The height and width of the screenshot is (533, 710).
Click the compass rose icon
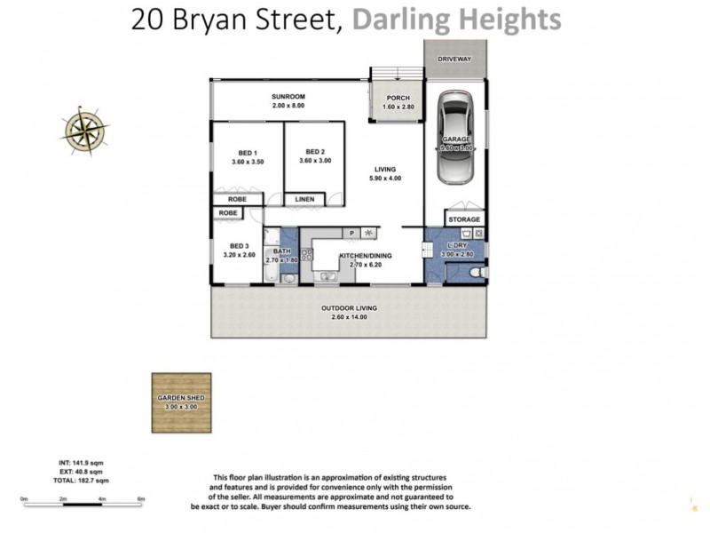(x=85, y=130)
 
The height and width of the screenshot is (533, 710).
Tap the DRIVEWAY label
(x=454, y=59)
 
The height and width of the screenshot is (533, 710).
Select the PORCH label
(x=397, y=98)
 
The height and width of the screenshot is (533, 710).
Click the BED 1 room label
(x=248, y=152)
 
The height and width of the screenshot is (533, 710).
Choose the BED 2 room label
(x=316, y=151)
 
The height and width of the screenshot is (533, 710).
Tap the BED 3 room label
(x=240, y=246)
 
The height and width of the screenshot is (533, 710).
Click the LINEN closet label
(x=305, y=199)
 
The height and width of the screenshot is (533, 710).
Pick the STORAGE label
(x=463, y=219)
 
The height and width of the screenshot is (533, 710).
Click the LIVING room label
(x=385, y=169)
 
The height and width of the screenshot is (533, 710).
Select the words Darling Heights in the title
(x=456, y=20)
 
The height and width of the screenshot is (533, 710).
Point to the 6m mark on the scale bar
(x=140, y=499)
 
